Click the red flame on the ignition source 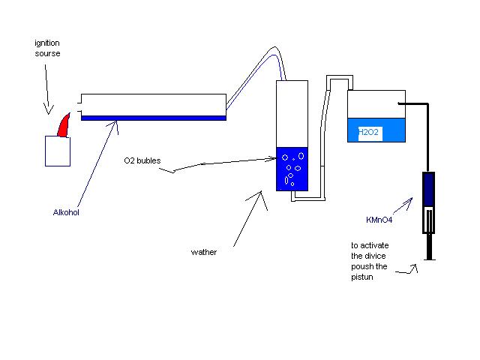(64, 125)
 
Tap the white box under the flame (58, 150)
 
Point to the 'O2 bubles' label (142, 160)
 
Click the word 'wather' (204, 252)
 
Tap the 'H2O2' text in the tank (369, 133)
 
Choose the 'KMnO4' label (380, 220)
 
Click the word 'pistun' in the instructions (363, 277)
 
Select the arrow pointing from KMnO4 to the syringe (406, 204)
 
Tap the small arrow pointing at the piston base (409, 271)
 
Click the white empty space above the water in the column (292, 112)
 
